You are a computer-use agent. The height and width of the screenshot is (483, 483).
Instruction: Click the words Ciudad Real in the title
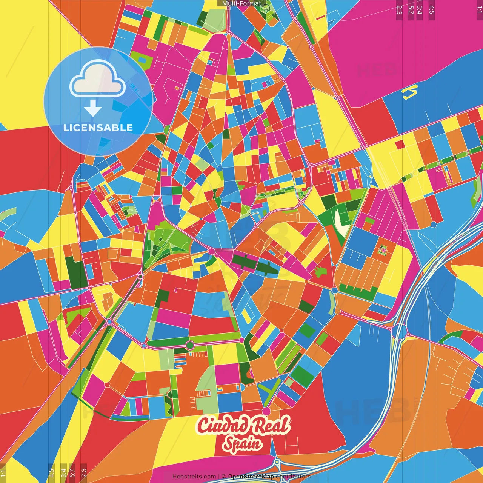243,425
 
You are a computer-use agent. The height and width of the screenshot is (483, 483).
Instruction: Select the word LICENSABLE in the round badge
98,128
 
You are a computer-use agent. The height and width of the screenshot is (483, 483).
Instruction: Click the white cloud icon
98,78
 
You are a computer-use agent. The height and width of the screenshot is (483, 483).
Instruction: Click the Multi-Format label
241,3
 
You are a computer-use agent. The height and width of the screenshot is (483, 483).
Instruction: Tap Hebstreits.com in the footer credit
194,477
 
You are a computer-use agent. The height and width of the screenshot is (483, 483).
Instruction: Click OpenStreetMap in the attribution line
251,477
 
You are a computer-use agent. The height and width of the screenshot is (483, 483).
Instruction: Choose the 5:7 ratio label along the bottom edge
72,472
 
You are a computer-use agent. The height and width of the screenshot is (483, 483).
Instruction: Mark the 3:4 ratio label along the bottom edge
63,472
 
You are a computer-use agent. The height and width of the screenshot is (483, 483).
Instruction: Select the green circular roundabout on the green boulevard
190,345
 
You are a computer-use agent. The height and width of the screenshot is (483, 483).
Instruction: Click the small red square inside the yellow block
399,145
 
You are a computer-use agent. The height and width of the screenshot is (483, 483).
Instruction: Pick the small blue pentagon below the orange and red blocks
434,224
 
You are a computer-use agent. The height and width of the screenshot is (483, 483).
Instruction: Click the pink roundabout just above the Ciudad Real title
266,411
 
